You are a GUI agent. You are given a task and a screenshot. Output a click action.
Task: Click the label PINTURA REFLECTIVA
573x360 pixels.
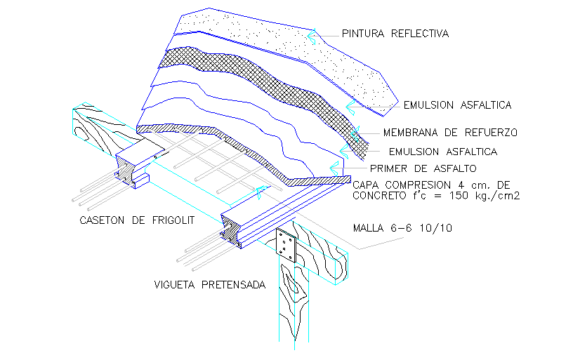[x=395, y=33]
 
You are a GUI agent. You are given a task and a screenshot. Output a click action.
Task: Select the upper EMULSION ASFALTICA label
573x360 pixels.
[x=457, y=105]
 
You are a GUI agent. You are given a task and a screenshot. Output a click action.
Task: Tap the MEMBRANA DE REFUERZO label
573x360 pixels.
[x=450, y=132]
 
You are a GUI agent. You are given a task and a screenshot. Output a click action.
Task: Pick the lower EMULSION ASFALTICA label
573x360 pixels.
[x=443, y=151]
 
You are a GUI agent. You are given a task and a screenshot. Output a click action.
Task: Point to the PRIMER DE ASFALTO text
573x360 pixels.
[x=423, y=168]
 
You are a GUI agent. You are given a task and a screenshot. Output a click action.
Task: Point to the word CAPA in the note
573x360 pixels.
[x=365, y=185]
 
